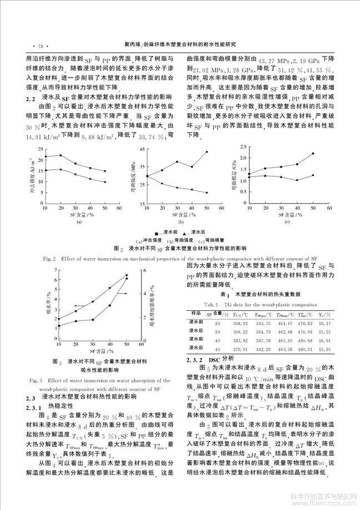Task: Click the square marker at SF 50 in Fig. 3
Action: click(126, 278)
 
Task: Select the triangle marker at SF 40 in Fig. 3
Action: click(110, 288)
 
